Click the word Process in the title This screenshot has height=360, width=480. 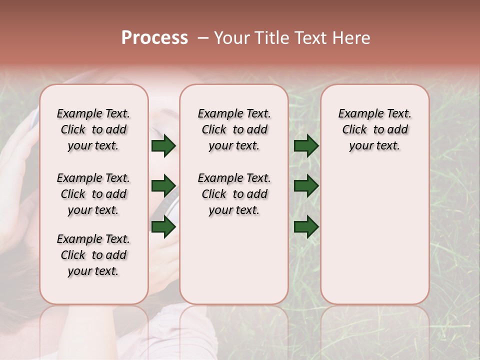[x=154, y=38]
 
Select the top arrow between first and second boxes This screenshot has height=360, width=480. [x=163, y=145]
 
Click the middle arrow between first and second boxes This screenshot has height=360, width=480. [x=163, y=186]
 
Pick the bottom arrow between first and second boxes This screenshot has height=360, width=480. [x=163, y=226]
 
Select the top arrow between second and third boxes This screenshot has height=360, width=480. [x=306, y=145]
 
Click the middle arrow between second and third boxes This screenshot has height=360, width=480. [x=306, y=186]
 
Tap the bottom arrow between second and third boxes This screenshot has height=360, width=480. [x=306, y=226]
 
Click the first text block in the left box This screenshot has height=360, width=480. [x=93, y=129]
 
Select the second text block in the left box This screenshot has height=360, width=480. [x=93, y=194]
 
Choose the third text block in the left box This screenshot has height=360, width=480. [x=93, y=255]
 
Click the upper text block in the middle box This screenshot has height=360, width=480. [x=234, y=129]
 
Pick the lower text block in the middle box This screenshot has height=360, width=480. [x=234, y=194]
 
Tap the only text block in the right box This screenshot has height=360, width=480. [x=374, y=129]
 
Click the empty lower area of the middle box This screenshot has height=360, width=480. [x=234, y=260]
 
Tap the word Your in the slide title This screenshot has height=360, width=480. [x=231, y=38]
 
